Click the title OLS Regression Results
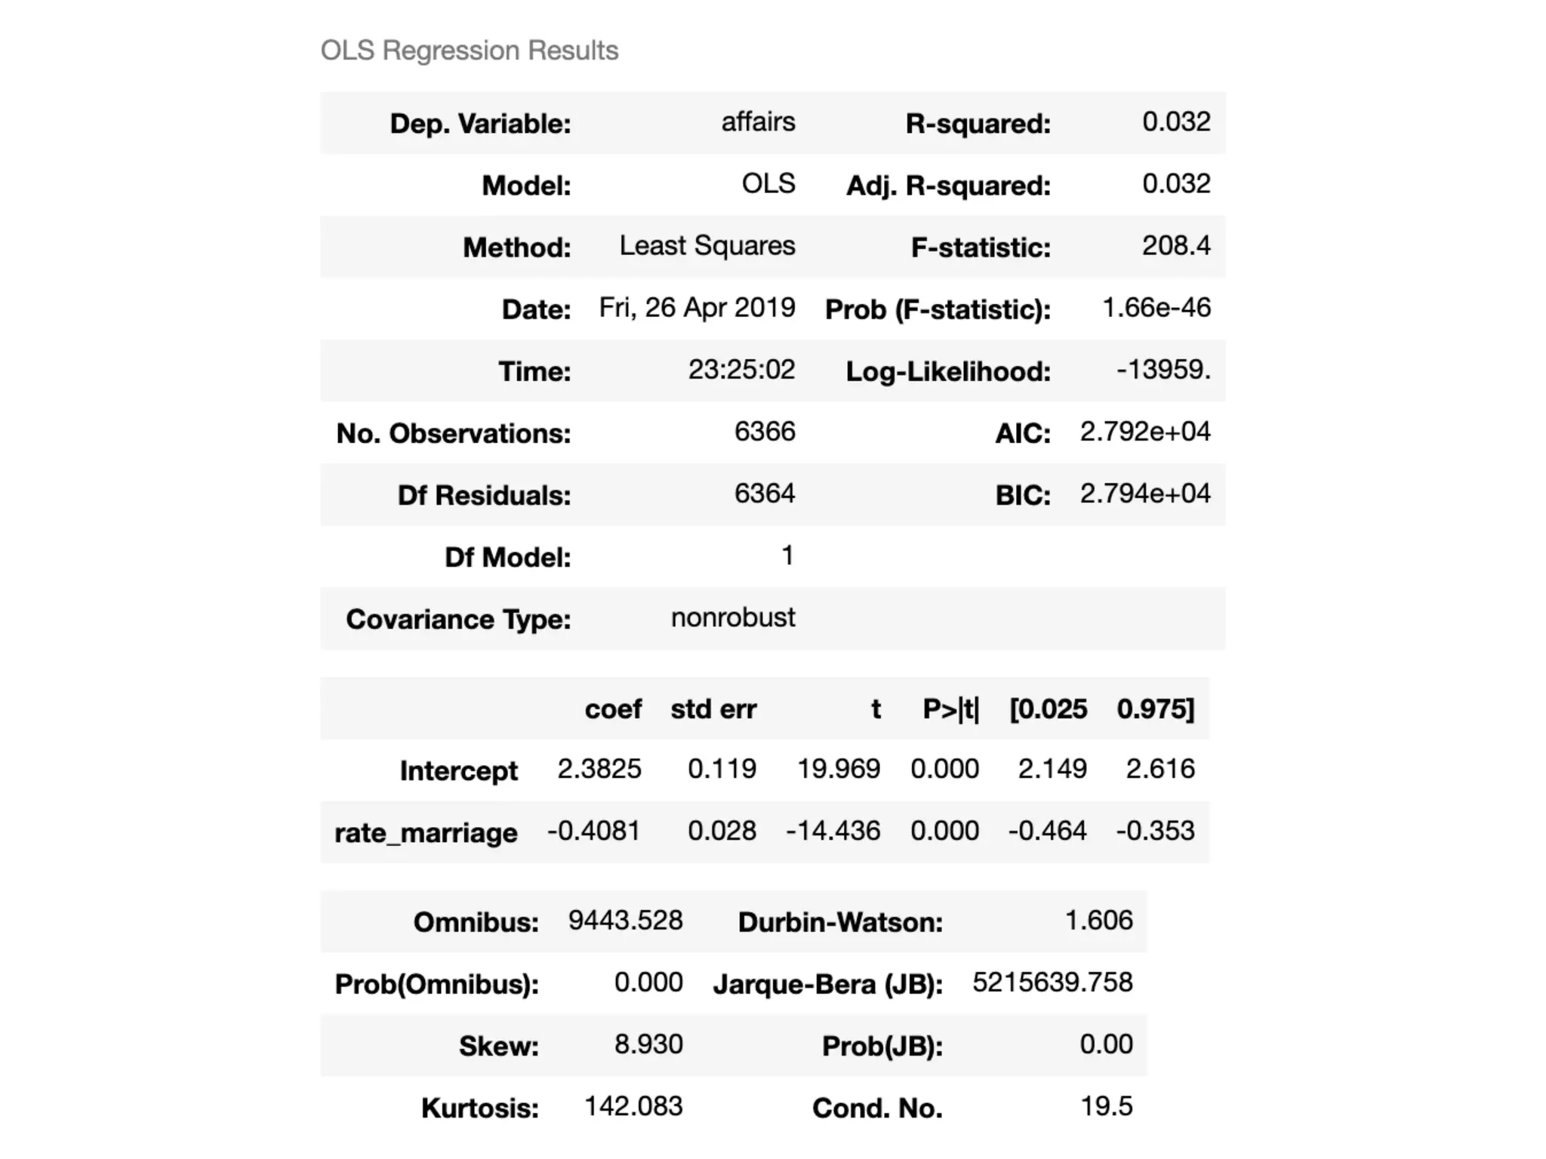[x=469, y=51]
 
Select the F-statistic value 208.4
[x=1175, y=246]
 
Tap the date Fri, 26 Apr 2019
[x=697, y=308]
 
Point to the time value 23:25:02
[x=741, y=370]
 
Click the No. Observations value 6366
[x=764, y=432]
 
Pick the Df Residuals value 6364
[x=764, y=493]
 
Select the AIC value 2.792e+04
[x=1144, y=432]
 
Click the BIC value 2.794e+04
[x=1144, y=493]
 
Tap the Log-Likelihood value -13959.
[x=1163, y=370]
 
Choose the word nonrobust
[x=732, y=618]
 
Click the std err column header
[x=713, y=709]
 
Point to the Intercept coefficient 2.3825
[x=599, y=769]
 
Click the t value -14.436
[x=833, y=831]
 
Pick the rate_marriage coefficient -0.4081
[x=593, y=831]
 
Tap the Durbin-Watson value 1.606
[x=1098, y=921]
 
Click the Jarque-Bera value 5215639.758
[x=1052, y=982]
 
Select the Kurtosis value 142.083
[x=633, y=1106]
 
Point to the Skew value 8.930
[x=648, y=1044]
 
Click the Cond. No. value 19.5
[x=1106, y=1106]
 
